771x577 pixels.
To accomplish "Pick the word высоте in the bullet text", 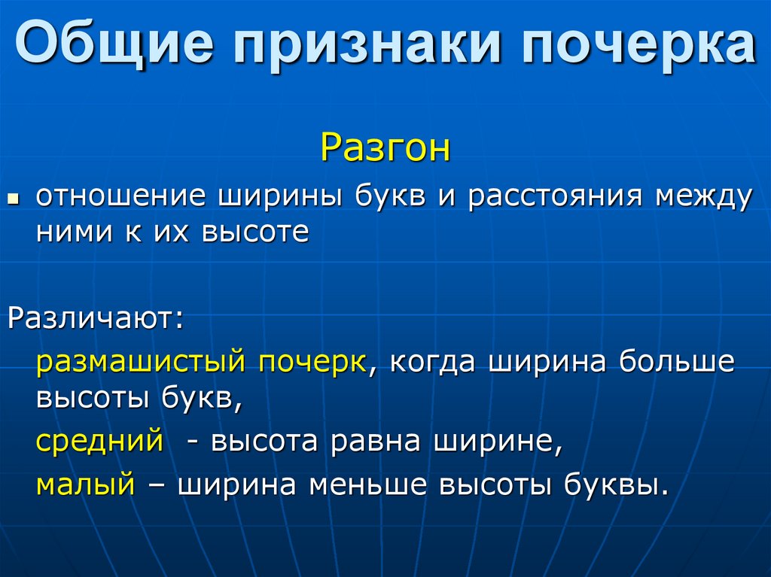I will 255,232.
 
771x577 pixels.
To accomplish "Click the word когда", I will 432,362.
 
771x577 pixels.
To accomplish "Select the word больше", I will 676,362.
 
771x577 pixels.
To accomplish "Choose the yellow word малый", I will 85,483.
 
